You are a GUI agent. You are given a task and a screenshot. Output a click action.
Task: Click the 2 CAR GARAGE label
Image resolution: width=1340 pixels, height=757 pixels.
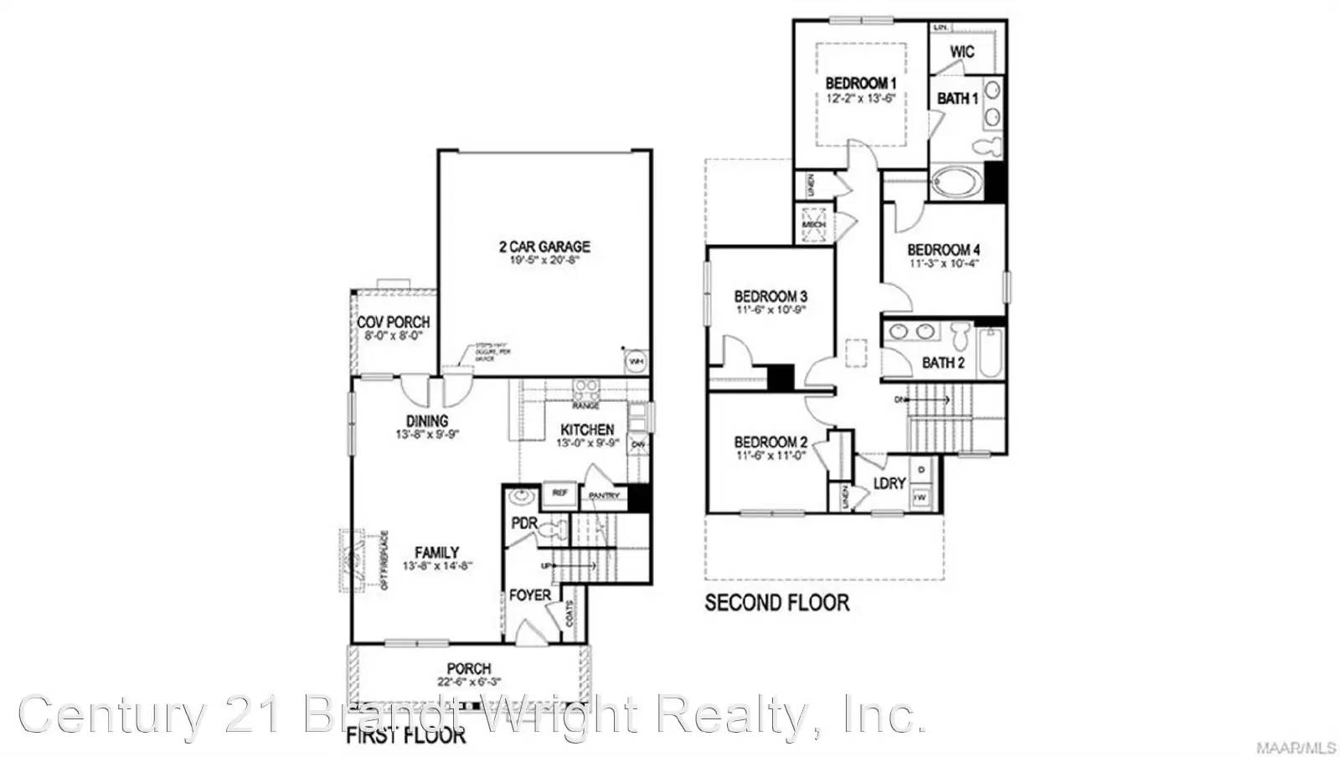click(x=544, y=246)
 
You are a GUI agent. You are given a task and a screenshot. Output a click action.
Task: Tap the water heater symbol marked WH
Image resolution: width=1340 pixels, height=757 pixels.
click(x=636, y=360)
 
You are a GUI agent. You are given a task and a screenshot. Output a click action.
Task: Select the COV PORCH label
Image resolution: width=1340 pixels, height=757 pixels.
click(x=393, y=322)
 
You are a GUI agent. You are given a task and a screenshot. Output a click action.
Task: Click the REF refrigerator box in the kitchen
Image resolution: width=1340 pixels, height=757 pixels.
click(x=559, y=494)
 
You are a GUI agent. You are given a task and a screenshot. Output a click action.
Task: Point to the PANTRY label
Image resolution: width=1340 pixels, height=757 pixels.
click(x=604, y=496)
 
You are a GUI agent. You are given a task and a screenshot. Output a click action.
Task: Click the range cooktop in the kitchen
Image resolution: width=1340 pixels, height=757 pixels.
click(x=586, y=389)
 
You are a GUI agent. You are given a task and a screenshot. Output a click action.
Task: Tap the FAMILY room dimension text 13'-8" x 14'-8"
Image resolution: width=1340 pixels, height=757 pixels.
click(x=438, y=566)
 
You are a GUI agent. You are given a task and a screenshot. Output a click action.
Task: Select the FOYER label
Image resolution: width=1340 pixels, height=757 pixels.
click(x=530, y=595)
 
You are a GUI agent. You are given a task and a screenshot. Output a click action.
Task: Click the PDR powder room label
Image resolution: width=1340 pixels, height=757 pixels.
click(x=523, y=524)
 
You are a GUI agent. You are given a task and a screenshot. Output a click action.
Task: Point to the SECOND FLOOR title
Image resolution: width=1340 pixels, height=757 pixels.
click(x=776, y=602)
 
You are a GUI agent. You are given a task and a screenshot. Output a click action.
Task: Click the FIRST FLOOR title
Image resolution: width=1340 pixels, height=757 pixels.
click(x=406, y=736)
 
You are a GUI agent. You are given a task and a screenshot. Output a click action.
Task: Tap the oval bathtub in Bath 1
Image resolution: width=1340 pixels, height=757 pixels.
click(x=956, y=182)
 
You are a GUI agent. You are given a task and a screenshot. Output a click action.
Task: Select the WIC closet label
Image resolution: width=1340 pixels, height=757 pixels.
click(x=962, y=52)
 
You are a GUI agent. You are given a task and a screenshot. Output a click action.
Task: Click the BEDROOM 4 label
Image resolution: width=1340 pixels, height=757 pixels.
click(x=943, y=250)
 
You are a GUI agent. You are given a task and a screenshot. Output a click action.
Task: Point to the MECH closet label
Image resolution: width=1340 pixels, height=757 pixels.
click(x=813, y=224)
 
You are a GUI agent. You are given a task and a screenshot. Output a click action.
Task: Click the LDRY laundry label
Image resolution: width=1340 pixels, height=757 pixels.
click(x=889, y=483)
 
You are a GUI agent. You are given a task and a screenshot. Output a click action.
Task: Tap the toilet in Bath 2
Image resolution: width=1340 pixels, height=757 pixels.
click(x=960, y=337)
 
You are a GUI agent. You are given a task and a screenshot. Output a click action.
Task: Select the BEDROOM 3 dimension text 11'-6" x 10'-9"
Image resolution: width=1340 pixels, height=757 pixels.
click(x=770, y=310)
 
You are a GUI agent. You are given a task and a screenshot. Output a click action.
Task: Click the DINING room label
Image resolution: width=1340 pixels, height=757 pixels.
click(x=427, y=420)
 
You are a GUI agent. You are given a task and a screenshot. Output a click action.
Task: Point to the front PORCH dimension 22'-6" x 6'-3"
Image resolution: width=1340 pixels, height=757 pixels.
click(x=469, y=682)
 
